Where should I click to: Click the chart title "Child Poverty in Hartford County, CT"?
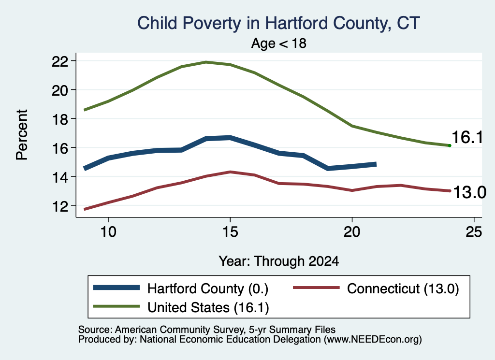click(x=278, y=23)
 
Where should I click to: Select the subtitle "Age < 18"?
click(x=279, y=43)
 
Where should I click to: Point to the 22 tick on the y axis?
click(x=60, y=60)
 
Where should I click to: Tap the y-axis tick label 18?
click(x=60, y=119)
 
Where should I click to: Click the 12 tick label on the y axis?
click(x=60, y=206)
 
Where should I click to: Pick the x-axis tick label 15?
click(x=230, y=232)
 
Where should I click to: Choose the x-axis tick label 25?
click(x=474, y=232)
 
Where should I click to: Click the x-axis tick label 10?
click(x=108, y=232)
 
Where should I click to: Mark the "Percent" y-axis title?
click(x=22, y=135)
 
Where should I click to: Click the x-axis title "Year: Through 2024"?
click(x=279, y=261)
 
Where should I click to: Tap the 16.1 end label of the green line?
click(x=467, y=138)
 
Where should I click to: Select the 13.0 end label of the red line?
click(x=469, y=192)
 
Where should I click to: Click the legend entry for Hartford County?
click(x=181, y=288)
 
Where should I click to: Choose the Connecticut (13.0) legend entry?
click(x=376, y=288)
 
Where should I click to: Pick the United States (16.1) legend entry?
click(x=181, y=307)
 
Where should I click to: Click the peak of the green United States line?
click(x=206, y=62)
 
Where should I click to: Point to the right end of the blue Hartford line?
click(x=376, y=164)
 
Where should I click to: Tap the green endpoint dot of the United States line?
click(x=450, y=145)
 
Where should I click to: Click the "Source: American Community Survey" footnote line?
click(x=207, y=330)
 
